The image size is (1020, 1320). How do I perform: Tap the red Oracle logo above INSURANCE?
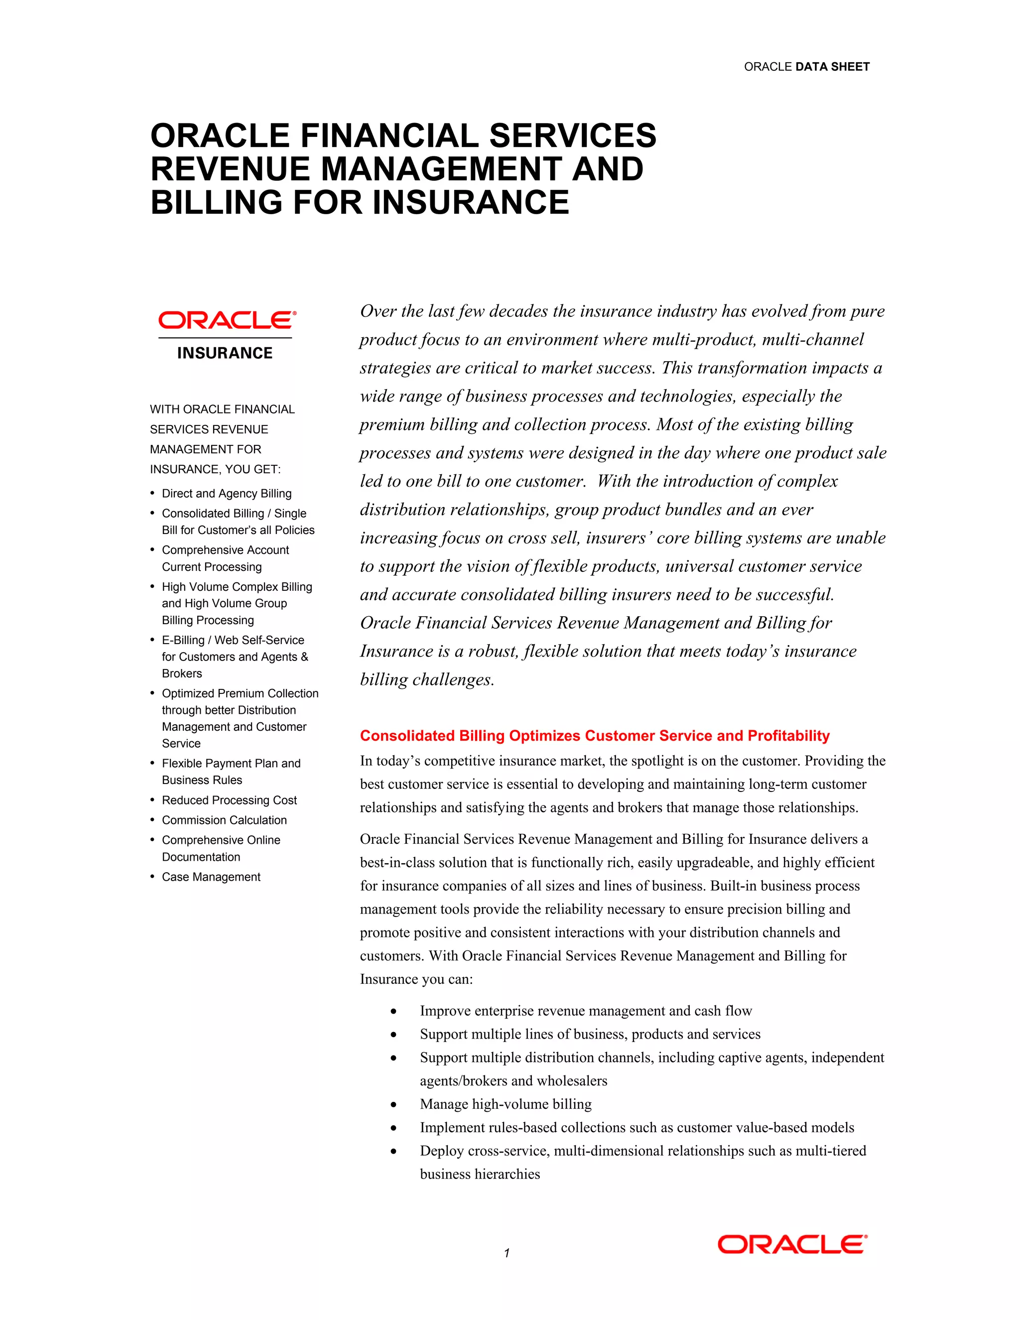pos(227,320)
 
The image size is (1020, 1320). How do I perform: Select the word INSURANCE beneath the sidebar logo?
pos(225,353)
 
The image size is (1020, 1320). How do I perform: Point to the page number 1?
pos(507,1253)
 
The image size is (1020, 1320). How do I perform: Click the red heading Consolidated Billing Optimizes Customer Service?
pos(594,736)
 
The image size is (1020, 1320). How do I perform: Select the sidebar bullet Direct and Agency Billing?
pos(227,493)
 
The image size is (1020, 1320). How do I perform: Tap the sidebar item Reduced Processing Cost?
pos(229,800)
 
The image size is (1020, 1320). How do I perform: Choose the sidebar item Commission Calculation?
pos(224,820)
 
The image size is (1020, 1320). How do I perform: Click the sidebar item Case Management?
pos(211,877)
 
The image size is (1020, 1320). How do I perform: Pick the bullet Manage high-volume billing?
pos(505,1104)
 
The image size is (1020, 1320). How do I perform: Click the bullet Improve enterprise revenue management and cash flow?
pos(586,1011)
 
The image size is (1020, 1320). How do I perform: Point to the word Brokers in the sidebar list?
pos(182,673)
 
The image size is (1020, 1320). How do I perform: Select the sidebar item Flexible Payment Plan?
pos(231,763)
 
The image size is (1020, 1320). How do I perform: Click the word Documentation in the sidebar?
pos(201,857)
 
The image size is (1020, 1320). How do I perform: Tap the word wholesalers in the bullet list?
pos(572,1081)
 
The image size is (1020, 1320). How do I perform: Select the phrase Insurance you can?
pos(416,979)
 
